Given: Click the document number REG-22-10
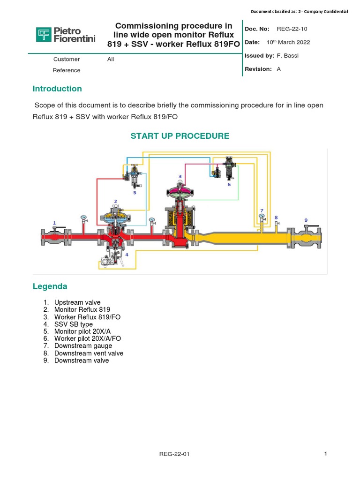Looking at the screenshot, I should (x=293, y=29).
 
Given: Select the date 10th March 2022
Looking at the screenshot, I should (x=288, y=42).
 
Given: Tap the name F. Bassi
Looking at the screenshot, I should (x=287, y=56).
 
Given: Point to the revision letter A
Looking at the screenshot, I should (x=279, y=69).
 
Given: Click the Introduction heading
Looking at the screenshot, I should (x=57, y=89).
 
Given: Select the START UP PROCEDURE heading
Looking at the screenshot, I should (x=180, y=136).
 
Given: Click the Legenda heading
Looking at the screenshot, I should (x=50, y=286).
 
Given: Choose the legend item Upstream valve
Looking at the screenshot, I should (x=77, y=302).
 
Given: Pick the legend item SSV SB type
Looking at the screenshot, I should (x=74, y=324).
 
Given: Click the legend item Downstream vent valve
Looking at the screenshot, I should (x=89, y=353).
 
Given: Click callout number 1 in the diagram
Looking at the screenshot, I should (x=54, y=223).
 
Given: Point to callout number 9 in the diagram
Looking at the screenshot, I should (x=306, y=220).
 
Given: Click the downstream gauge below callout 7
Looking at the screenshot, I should (x=262, y=217).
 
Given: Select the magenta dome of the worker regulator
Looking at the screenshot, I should (x=180, y=190).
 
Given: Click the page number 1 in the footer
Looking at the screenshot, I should (x=325, y=453).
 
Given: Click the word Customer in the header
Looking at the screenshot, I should (x=67, y=59).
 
